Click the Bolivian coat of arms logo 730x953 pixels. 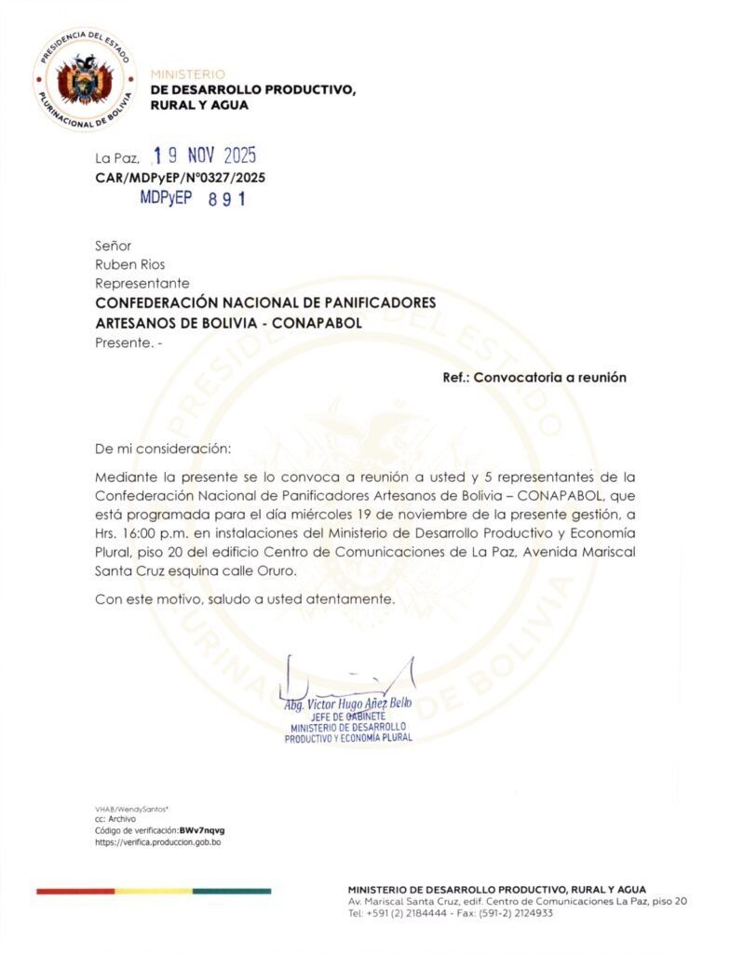click(85, 78)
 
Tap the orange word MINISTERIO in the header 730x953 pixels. click(187, 74)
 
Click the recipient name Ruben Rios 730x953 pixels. click(130, 264)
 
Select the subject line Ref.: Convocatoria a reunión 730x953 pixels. click(534, 378)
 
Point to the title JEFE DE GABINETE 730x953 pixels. click(349, 716)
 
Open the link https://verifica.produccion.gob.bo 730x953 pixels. click(157, 842)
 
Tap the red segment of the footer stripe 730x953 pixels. click(74, 892)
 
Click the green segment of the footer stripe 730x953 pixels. click(232, 892)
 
